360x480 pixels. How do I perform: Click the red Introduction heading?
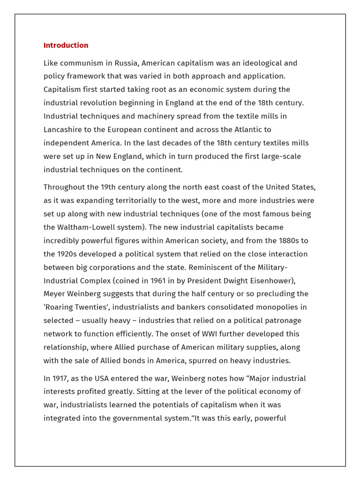pos(66,45)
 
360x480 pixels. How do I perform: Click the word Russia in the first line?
pos(127,63)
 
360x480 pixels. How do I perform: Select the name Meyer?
pos(55,294)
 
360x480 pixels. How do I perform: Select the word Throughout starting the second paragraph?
pos(65,187)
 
